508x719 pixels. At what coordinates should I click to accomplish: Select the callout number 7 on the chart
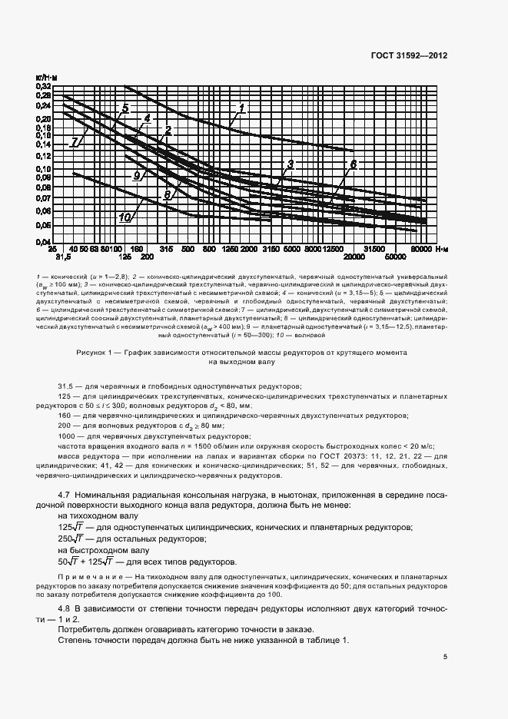75,142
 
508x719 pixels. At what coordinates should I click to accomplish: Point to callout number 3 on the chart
291,164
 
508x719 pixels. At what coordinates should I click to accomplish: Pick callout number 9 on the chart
137,176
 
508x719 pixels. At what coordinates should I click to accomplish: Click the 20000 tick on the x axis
353,258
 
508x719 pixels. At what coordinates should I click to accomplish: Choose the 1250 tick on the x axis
228,250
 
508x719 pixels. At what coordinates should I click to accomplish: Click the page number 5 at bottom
446,656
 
